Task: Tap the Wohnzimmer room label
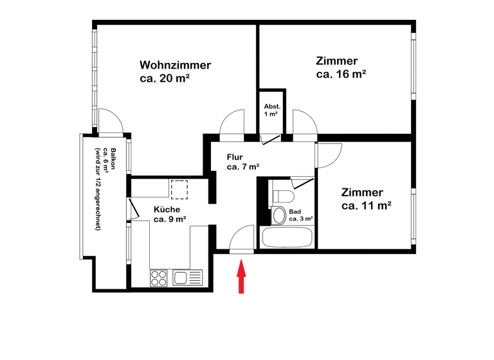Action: pyautogui.click(x=175, y=65)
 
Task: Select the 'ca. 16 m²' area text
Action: pyautogui.click(x=341, y=75)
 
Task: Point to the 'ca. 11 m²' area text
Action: pyautogui.click(x=367, y=206)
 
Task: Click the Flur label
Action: pyautogui.click(x=235, y=156)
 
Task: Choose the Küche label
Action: pyautogui.click(x=167, y=209)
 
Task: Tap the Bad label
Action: pyautogui.click(x=295, y=212)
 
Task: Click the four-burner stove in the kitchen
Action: pyautogui.click(x=159, y=278)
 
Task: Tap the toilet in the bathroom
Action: pyautogui.click(x=283, y=195)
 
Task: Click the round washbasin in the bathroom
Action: pyautogui.click(x=279, y=215)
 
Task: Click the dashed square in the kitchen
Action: pyautogui.click(x=179, y=189)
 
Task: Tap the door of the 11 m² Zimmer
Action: pyautogui.click(x=329, y=154)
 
